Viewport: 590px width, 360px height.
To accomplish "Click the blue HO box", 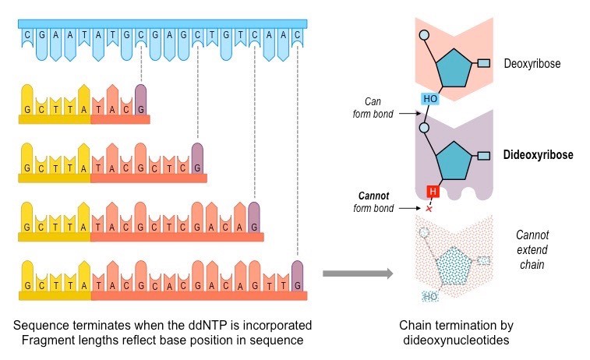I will [430, 99].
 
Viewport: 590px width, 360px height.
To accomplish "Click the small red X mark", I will [428, 208].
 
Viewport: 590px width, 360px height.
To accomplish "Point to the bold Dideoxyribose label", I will [539, 155].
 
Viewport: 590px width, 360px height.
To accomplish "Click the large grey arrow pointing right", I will [358, 273].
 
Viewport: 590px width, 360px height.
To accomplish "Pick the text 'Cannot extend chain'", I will [533, 249].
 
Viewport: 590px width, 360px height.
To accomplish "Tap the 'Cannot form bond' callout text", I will [374, 201].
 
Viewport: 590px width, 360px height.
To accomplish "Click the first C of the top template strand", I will [28, 35].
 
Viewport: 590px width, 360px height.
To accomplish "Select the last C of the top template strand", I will [297, 35].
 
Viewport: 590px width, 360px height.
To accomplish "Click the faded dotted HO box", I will [429, 297].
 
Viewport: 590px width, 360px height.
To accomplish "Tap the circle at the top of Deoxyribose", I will [423, 35].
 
